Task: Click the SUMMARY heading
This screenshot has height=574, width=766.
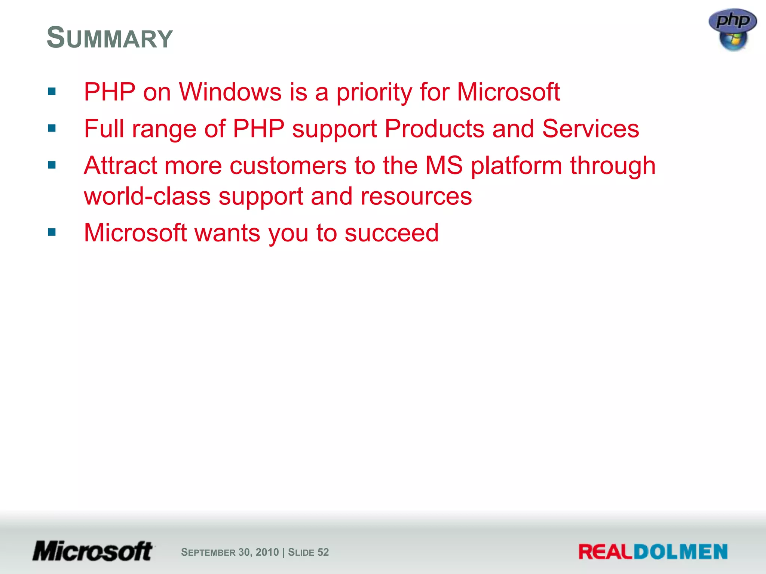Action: (110, 38)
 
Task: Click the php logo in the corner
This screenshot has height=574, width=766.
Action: (732, 20)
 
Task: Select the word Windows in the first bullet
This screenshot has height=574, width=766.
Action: (230, 92)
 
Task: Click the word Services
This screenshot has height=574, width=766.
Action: (591, 129)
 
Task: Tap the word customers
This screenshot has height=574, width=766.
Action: (288, 166)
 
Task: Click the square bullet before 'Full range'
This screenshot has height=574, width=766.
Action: (52, 129)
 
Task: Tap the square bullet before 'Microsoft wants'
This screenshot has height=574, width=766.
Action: (52, 232)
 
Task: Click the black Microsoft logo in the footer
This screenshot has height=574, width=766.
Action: (93, 551)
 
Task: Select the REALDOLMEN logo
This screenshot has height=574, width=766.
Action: (653, 552)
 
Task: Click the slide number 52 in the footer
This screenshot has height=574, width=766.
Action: (323, 552)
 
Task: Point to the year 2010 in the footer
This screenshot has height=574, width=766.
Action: (267, 552)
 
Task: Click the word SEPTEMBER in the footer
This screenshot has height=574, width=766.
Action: (208, 552)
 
